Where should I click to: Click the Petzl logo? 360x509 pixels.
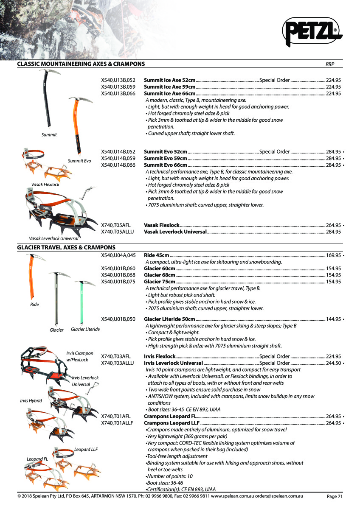(x=312, y=31)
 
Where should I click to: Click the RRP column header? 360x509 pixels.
(x=330, y=64)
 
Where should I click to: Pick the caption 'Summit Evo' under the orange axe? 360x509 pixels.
(x=79, y=161)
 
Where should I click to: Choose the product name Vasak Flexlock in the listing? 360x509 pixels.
(x=162, y=225)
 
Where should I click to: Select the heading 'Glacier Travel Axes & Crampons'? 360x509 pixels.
(x=66, y=247)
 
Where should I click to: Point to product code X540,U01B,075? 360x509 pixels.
(x=118, y=282)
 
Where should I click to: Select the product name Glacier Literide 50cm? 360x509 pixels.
(x=170, y=319)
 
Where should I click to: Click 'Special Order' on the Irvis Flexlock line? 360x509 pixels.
(x=274, y=357)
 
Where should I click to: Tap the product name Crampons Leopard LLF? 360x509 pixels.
(x=172, y=423)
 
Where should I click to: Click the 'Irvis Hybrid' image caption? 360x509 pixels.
(x=31, y=401)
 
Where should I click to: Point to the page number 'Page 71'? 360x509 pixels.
(x=335, y=497)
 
